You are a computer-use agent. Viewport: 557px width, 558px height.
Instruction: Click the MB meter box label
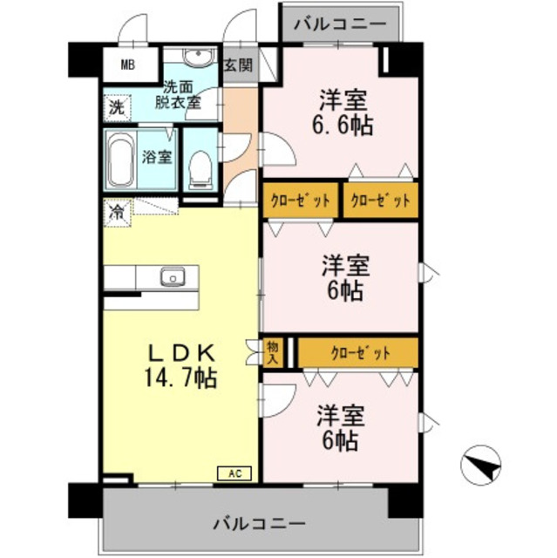(128, 65)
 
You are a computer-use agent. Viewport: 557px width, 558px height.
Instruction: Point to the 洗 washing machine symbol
(116, 108)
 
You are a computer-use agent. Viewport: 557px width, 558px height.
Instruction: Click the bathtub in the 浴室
(120, 159)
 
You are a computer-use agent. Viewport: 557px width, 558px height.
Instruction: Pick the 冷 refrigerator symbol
(116, 210)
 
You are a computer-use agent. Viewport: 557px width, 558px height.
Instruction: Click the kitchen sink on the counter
(173, 278)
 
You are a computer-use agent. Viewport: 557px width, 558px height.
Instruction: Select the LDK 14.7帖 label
(180, 366)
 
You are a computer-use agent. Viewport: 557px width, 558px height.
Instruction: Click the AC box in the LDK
(234, 473)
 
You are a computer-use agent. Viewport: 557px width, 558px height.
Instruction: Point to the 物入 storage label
(273, 352)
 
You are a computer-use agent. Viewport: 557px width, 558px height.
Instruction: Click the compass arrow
(480, 464)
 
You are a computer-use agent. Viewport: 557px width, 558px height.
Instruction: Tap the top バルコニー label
(339, 23)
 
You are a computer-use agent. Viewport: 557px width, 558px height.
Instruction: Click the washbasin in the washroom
(198, 61)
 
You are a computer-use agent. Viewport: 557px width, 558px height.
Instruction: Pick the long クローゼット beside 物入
(359, 353)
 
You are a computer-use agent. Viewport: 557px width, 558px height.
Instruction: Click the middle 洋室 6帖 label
(343, 276)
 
